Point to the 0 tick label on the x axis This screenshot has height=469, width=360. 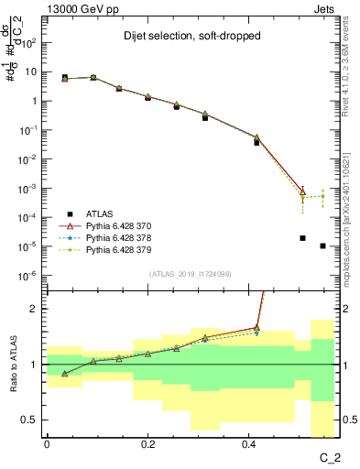coord(47,442)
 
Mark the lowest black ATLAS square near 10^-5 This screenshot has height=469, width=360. coord(322,245)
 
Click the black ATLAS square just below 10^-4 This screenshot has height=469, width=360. coord(302,238)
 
